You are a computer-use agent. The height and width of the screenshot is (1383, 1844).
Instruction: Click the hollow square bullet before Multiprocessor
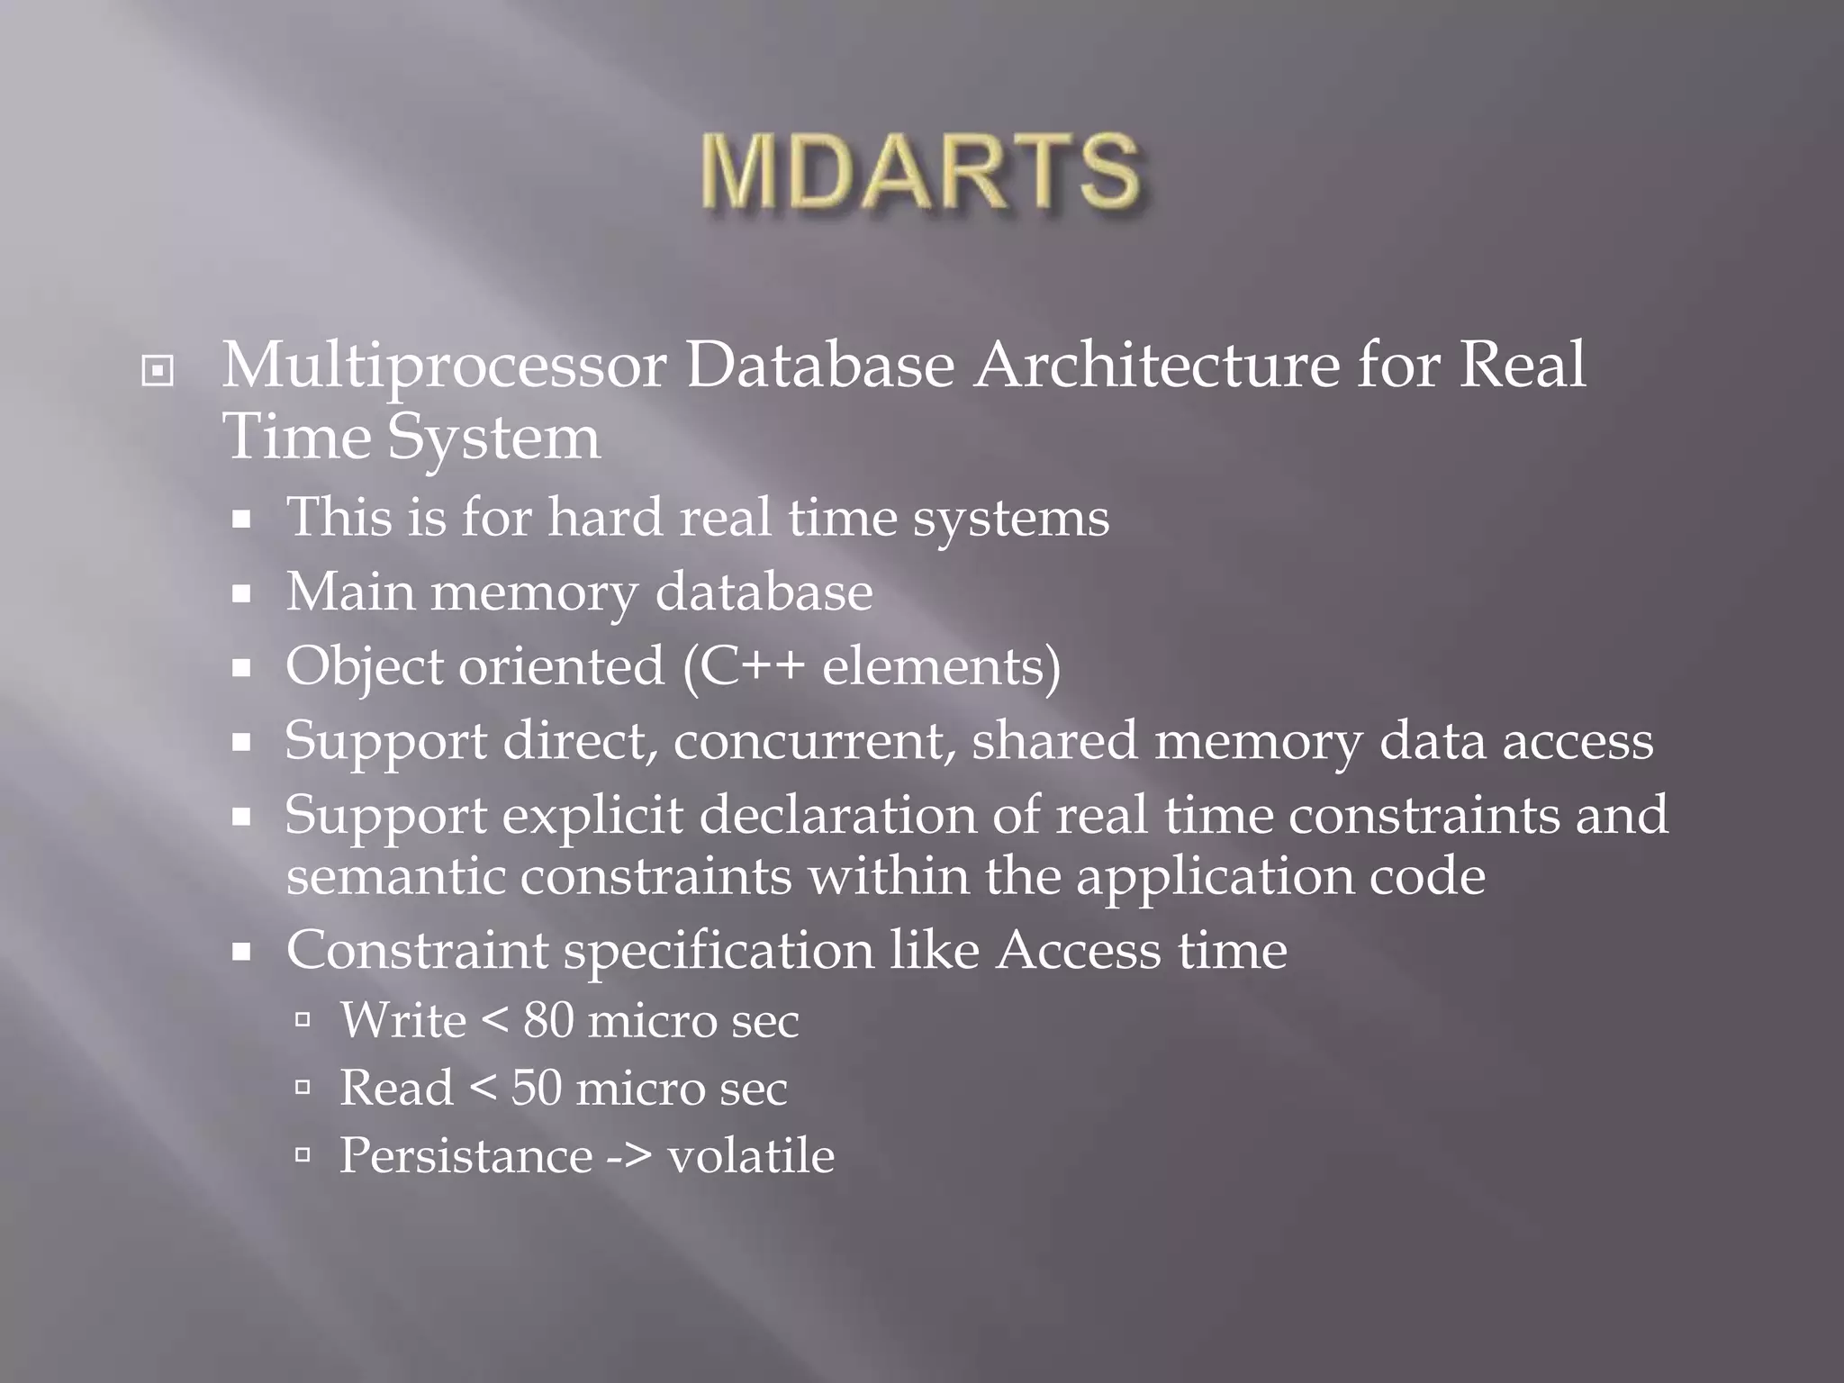click(158, 370)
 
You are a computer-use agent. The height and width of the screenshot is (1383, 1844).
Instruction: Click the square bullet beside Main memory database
click(240, 594)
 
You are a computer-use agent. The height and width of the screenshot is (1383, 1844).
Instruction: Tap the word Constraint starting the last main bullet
click(416, 950)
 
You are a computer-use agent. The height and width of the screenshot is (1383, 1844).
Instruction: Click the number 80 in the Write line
click(549, 1021)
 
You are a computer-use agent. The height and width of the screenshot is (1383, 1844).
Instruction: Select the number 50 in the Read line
click(537, 1088)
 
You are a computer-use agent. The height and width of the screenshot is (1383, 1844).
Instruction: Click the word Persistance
click(466, 1155)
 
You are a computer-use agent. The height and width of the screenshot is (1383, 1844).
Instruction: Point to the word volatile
click(750, 1155)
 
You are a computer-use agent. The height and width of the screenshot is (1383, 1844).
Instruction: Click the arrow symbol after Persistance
click(630, 1157)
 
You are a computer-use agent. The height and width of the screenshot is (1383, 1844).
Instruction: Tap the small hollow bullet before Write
click(303, 1020)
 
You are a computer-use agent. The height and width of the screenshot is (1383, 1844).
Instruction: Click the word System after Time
click(493, 438)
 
